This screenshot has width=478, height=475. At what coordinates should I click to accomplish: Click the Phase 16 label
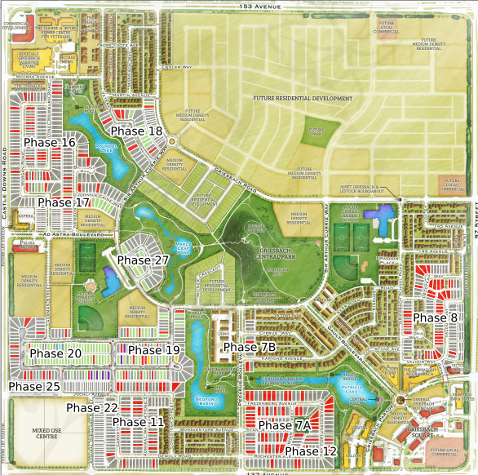click(x=50, y=143)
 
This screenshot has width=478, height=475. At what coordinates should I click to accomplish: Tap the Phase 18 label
click(x=137, y=131)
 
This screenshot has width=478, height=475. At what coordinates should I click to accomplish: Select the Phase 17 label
click(x=64, y=202)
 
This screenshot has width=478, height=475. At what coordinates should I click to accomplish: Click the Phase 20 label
click(x=56, y=353)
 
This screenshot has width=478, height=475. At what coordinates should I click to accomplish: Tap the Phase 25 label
click(x=35, y=386)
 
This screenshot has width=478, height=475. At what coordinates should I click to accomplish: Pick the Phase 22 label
click(x=92, y=408)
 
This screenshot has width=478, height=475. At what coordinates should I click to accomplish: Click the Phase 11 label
click(x=138, y=422)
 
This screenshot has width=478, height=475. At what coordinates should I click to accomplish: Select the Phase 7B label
click(x=250, y=348)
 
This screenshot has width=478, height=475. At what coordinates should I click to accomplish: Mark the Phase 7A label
click(x=285, y=426)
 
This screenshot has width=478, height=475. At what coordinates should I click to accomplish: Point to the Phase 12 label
click(x=311, y=451)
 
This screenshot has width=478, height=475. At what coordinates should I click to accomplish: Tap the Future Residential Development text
click(x=303, y=99)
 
